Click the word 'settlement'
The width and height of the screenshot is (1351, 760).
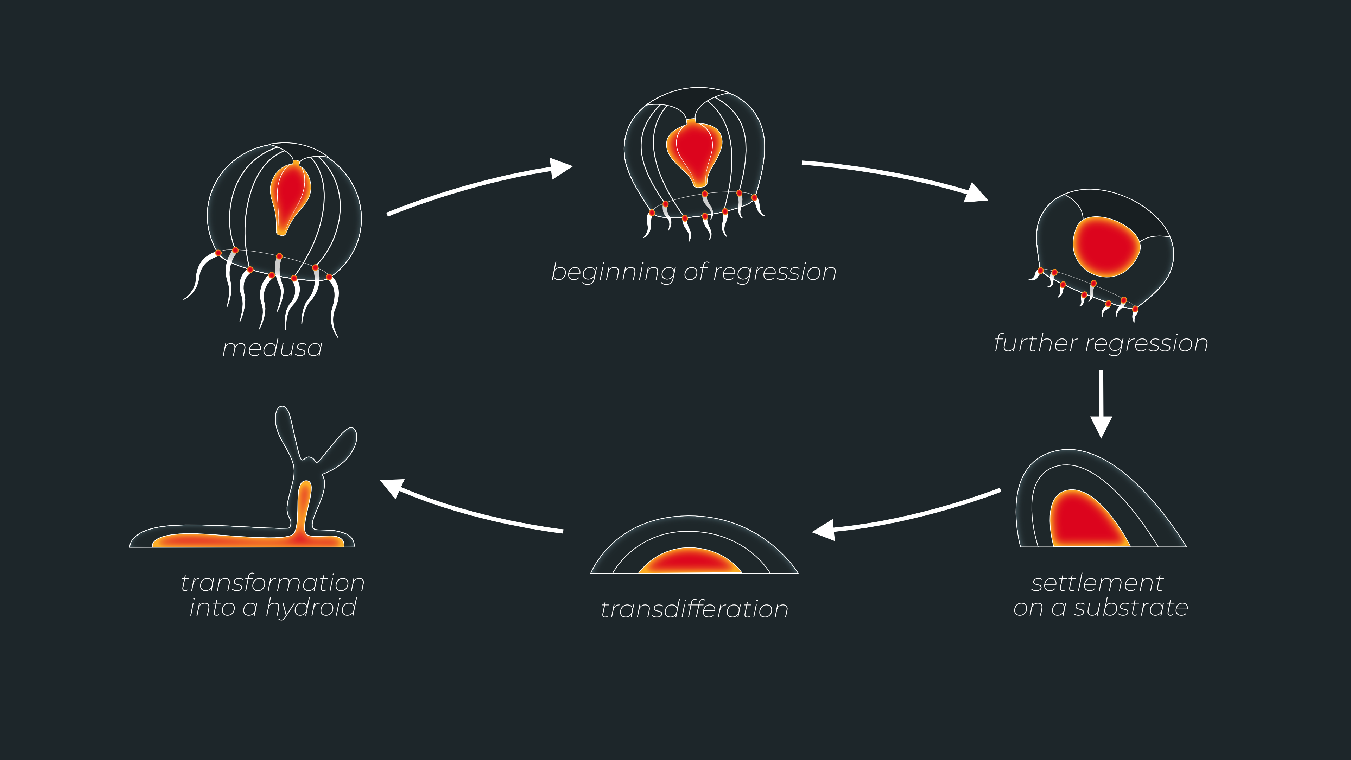1097,583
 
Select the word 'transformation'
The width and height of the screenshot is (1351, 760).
272,583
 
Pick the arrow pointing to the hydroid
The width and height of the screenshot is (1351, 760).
472,509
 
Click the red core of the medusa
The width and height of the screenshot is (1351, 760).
290,197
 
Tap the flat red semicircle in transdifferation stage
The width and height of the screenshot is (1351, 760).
690,561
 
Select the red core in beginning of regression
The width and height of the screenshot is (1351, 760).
694,150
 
